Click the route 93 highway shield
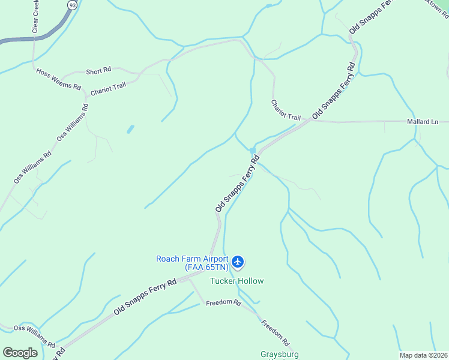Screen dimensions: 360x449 tap(73, 5)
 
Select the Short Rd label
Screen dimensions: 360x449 tap(98, 70)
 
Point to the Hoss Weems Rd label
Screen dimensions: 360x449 tap(58, 79)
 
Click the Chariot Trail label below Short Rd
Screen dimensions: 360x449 tap(108, 89)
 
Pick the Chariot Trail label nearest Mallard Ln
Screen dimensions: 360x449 tap(285, 109)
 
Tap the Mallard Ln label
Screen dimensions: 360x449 tap(423, 122)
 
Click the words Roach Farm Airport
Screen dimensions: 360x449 tap(192, 259)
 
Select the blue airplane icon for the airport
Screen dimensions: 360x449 tap(238, 262)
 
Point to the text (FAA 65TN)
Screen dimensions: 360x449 tap(206, 267)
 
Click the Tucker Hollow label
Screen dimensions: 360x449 tap(237, 281)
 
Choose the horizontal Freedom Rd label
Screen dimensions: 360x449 tap(223, 302)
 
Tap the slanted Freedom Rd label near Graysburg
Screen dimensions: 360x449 tap(276, 332)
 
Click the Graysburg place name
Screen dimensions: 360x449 tap(280, 354)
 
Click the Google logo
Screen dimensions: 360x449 tap(20, 353)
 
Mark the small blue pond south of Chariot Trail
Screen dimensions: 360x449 tap(130, 129)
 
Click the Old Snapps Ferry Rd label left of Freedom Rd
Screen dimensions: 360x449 tap(145, 298)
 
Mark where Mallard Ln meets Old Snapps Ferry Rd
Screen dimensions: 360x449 tap(312, 120)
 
